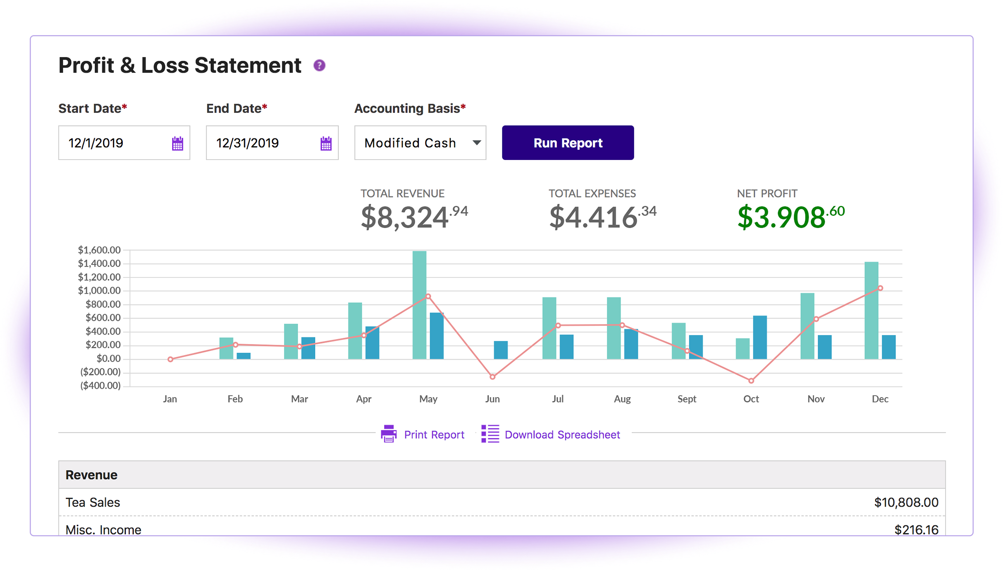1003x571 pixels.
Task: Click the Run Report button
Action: tap(568, 143)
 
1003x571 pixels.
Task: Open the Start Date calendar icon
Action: tap(177, 143)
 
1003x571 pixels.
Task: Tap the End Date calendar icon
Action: tap(326, 143)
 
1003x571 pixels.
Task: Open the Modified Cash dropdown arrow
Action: tap(477, 143)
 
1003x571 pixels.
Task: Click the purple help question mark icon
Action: tap(319, 65)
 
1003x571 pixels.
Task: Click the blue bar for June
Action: tap(501, 350)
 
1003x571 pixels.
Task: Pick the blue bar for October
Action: tap(760, 337)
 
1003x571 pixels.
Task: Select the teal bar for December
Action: tap(871, 310)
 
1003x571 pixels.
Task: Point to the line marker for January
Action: tap(170, 359)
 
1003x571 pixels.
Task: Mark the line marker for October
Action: tap(751, 381)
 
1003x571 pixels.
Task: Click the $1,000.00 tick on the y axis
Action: tap(99, 291)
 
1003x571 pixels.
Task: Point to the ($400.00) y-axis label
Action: tap(100, 386)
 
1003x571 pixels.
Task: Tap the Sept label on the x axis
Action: tap(687, 399)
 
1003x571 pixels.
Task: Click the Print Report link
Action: tap(434, 435)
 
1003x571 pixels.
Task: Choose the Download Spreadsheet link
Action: tap(562, 435)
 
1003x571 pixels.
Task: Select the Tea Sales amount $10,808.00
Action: tap(906, 502)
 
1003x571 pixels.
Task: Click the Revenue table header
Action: tap(91, 475)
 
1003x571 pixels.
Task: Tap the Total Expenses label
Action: tap(592, 194)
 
